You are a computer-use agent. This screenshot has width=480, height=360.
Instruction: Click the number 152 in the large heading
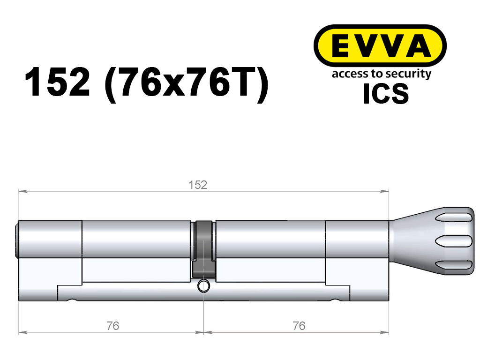click(x=57, y=82)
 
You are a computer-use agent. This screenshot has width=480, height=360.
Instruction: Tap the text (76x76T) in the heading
click(x=187, y=84)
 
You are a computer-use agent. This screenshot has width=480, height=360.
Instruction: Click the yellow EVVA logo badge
click(x=380, y=46)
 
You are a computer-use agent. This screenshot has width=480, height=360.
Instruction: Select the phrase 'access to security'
click(x=382, y=74)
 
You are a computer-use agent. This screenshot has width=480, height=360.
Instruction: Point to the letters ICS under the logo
click(x=386, y=94)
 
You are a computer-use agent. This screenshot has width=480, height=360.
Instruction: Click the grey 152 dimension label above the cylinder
click(x=198, y=185)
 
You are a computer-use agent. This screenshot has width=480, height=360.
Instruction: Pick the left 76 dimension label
click(x=112, y=326)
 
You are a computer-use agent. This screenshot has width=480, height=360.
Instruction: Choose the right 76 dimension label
click(x=299, y=326)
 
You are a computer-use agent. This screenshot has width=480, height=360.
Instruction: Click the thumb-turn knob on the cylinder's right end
click(x=432, y=241)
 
